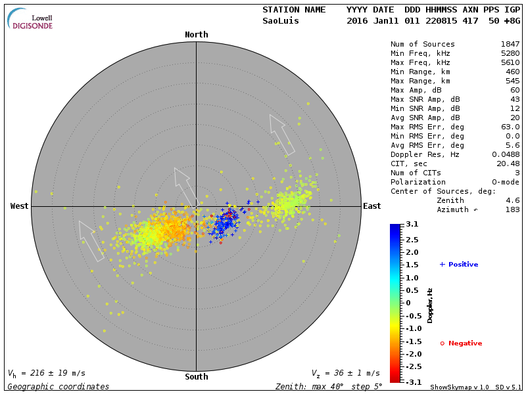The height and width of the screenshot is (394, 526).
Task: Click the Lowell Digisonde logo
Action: [x=30, y=20]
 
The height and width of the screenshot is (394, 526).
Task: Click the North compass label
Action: [x=196, y=35]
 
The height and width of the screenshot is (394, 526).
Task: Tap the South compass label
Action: [x=196, y=377]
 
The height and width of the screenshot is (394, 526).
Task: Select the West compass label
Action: [x=19, y=206]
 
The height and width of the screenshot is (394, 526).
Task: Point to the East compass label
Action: [x=371, y=206]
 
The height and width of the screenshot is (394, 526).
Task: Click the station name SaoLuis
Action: [x=281, y=21]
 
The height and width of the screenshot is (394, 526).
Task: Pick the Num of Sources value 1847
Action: [x=510, y=45]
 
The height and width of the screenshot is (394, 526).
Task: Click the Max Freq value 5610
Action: [x=510, y=63]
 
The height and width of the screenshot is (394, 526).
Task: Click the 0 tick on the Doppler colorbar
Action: [x=408, y=303]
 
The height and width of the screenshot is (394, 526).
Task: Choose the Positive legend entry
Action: [x=459, y=265]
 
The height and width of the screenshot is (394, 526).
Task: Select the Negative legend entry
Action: [x=461, y=343]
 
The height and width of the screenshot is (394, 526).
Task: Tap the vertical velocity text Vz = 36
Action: [x=345, y=373]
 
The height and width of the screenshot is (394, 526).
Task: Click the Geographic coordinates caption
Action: [x=59, y=387]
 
